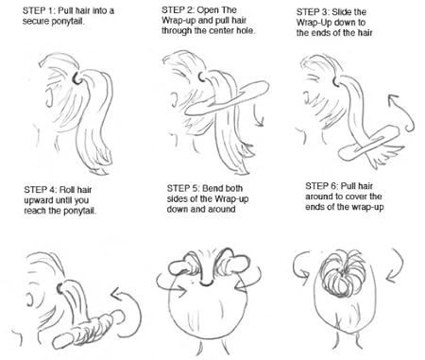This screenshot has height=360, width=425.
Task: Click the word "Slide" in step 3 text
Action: [343, 12]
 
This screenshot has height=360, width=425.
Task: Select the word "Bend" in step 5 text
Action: [212, 189]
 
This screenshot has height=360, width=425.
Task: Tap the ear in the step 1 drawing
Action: [48, 97]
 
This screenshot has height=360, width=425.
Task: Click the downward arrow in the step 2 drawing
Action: [259, 116]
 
